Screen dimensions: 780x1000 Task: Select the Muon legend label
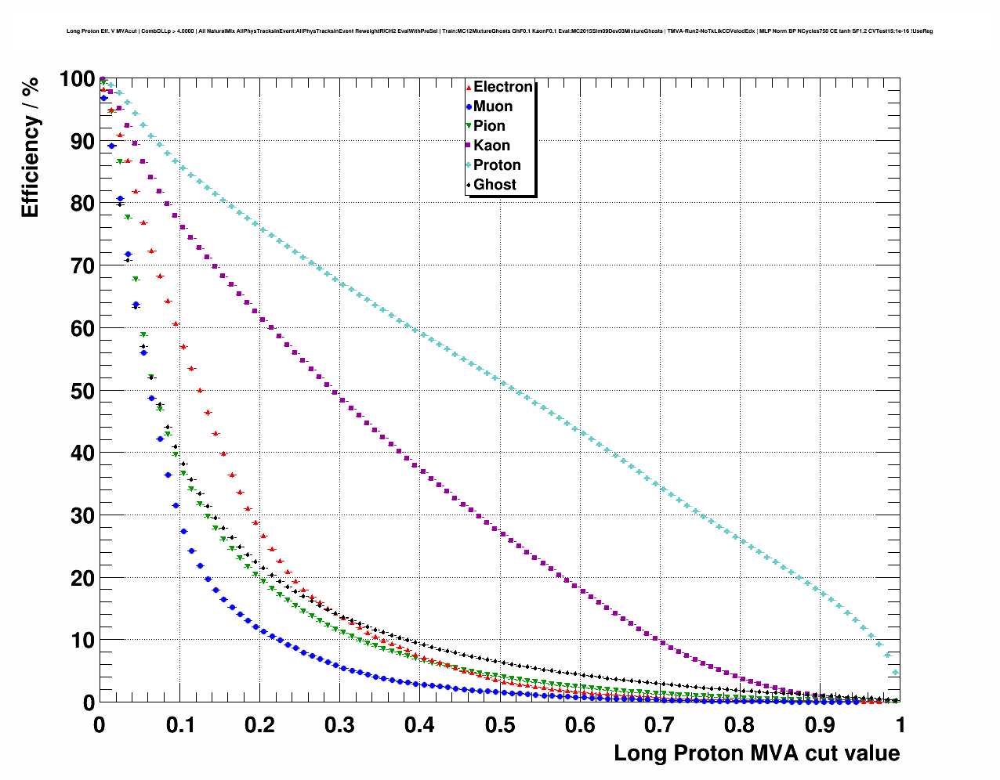(493, 107)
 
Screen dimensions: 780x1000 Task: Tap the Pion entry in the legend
(489, 126)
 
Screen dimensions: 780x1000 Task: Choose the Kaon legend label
(491, 146)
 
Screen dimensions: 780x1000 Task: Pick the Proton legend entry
(497, 165)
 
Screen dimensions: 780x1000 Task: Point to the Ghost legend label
(495, 185)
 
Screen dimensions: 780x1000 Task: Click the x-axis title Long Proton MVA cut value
(756, 753)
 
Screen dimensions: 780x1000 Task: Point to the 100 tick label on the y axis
(77, 79)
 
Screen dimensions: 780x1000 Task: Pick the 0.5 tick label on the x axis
(500, 725)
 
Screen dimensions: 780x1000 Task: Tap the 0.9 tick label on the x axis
(821, 725)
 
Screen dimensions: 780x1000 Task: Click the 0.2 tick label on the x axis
(259, 725)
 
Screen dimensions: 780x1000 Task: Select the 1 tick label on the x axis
(900, 725)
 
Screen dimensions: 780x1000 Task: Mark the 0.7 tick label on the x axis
(660, 725)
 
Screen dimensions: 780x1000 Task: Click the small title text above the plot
(499, 31)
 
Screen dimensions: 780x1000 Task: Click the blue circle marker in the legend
(469, 107)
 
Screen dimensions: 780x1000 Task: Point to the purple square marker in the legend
(469, 146)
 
